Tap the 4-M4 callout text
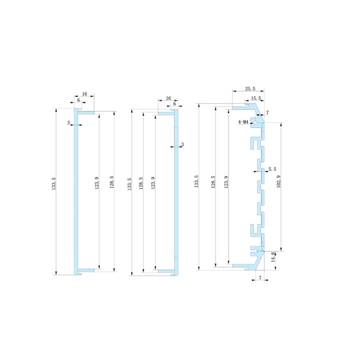pyautogui.click(x=243, y=122)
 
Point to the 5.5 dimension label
pyautogui.click(x=272, y=169)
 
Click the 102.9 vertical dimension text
pyautogui.click(x=279, y=182)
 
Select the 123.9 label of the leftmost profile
pyautogui.click(x=96, y=184)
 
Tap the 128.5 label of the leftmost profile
pyautogui.click(x=111, y=184)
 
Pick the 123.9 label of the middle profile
pyautogui.click(x=153, y=184)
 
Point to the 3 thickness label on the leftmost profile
pyautogui.click(x=68, y=122)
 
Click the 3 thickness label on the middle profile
pyautogui.click(x=182, y=144)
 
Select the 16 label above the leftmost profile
pyautogui.click(x=84, y=94)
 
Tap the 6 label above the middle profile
pyautogui.click(x=174, y=104)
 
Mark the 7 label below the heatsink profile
pyautogui.click(x=260, y=278)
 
